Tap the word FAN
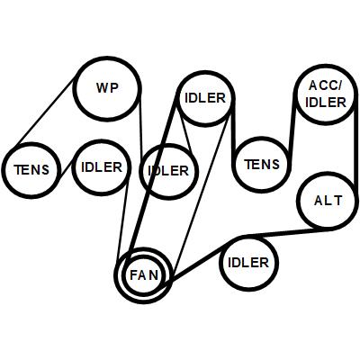[x=144, y=275]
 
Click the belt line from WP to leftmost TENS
[x=46, y=111]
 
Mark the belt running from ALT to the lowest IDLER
[x=282, y=232]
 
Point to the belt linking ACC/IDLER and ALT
[x=356, y=150]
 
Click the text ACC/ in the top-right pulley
[x=325, y=85]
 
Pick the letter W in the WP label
[x=102, y=88]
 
